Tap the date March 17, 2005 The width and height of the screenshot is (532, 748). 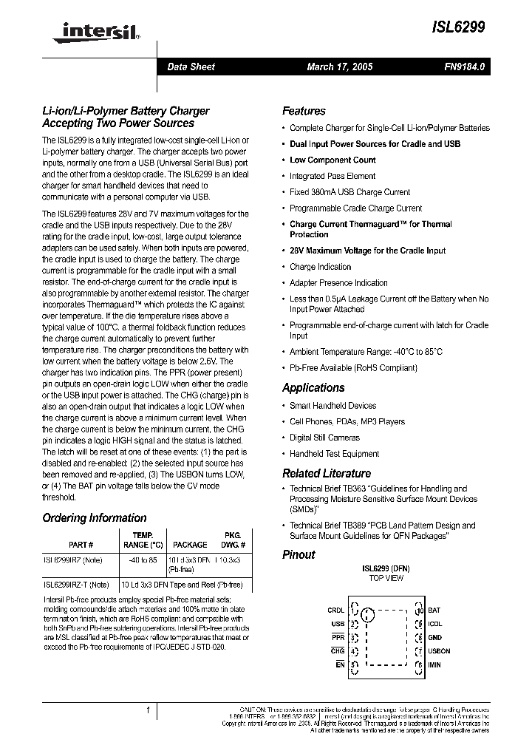pyautogui.click(x=340, y=67)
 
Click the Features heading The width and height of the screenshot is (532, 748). pyautogui.click(x=304, y=111)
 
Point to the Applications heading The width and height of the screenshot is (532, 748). pyautogui.click(x=313, y=387)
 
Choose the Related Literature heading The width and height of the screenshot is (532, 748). pyautogui.click(x=327, y=473)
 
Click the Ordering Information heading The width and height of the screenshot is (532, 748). pyautogui.click(x=95, y=517)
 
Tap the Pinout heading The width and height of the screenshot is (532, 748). pyautogui.click(x=299, y=554)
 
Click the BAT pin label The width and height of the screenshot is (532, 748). pyautogui.click(x=434, y=611)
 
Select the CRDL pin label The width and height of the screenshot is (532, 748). pyautogui.click(x=335, y=611)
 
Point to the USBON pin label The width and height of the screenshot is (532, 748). pyautogui.click(x=439, y=651)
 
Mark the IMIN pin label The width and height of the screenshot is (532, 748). pyautogui.click(x=434, y=665)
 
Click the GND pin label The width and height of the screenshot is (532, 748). pyautogui.click(x=434, y=637)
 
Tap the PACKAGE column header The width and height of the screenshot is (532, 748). pyautogui.click(x=190, y=544)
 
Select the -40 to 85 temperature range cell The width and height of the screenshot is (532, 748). pyautogui.click(x=143, y=560)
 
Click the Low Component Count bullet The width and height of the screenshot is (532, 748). pyautogui.click(x=332, y=160)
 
